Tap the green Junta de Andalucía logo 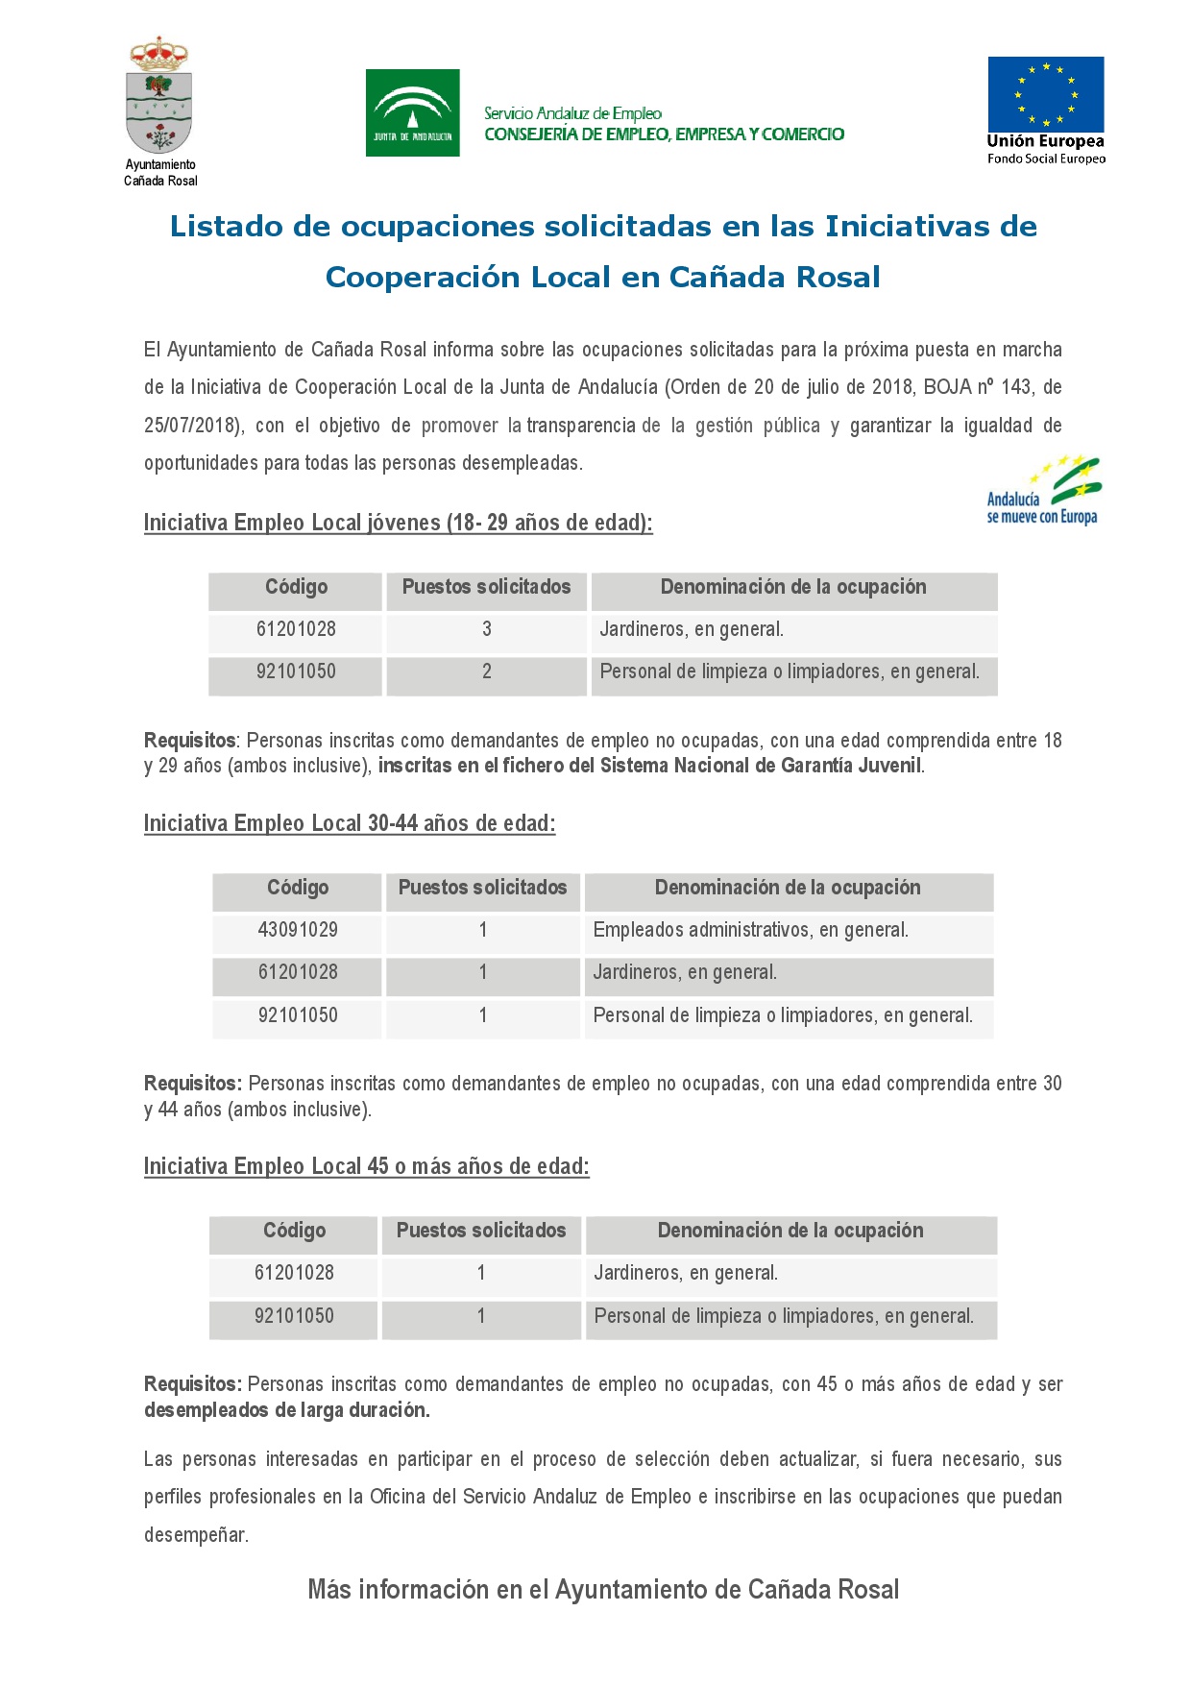pyautogui.click(x=412, y=112)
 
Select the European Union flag pyautogui.click(x=1046, y=94)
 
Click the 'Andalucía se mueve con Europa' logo pyautogui.click(x=1044, y=491)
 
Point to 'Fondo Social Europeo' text pyautogui.click(x=1046, y=159)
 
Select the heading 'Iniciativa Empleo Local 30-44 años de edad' pyautogui.click(x=350, y=823)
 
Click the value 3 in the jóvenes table pyautogui.click(x=486, y=629)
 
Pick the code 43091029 pyautogui.click(x=298, y=930)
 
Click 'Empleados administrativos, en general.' pyautogui.click(x=750, y=930)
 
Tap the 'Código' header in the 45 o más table pyautogui.click(x=294, y=1231)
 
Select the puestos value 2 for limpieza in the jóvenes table pyautogui.click(x=486, y=672)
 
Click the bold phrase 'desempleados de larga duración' pyautogui.click(x=286, y=1410)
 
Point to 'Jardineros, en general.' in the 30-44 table pyautogui.click(x=685, y=972)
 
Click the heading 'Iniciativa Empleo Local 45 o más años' pyautogui.click(x=366, y=1166)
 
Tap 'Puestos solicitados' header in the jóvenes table pyautogui.click(x=486, y=587)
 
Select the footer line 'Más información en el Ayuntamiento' pyautogui.click(x=603, y=1590)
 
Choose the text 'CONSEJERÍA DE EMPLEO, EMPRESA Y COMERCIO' pyautogui.click(x=664, y=134)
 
